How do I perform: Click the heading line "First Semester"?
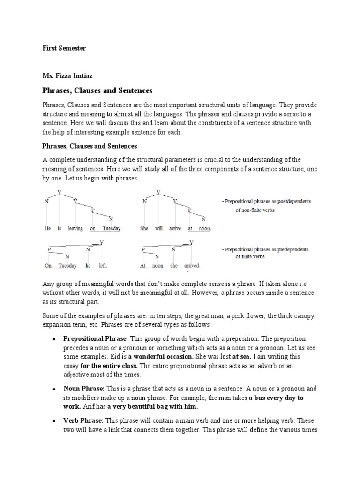pyautogui.click(x=64, y=48)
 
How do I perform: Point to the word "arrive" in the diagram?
pyautogui.click(x=175, y=229)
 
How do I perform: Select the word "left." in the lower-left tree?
pyautogui.click(x=103, y=266)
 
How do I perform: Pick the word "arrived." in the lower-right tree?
pyautogui.click(x=192, y=266)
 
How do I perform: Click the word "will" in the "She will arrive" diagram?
pyautogui.click(x=158, y=229)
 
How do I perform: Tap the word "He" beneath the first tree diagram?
pyautogui.click(x=47, y=229)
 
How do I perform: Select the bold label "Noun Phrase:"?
pyautogui.click(x=84, y=389)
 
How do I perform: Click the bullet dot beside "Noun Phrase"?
pyautogui.click(x=55, y=389)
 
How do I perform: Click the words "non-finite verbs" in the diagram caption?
pyautogui.click(x=255, y=210)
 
